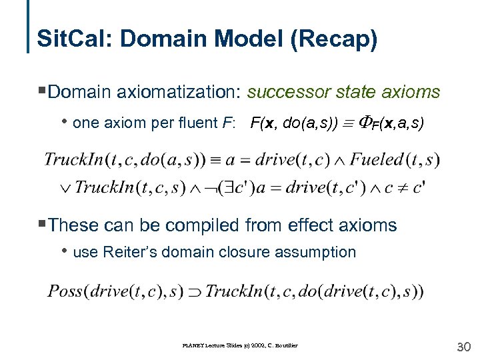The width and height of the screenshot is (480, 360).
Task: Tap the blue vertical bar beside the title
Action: click(29, 27)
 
